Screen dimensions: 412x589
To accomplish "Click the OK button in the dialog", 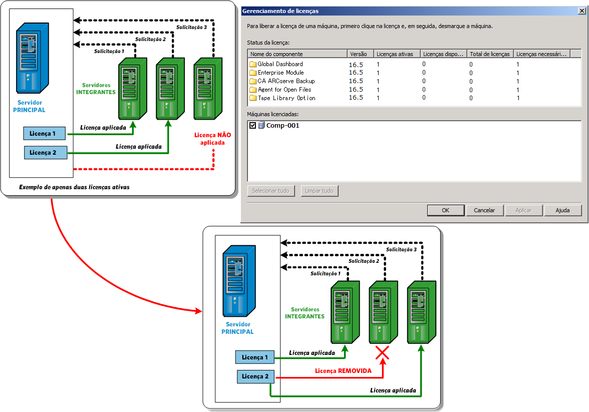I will tap(445, 210).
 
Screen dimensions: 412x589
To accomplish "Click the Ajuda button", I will tap(562, 210).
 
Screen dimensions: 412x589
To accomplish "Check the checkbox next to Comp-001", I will tap(253, 126).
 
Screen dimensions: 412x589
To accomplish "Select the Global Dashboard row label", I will tap(280, 64).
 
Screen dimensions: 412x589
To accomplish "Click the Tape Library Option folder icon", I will tap(253, 98).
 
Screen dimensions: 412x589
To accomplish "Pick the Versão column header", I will tap(359, 54).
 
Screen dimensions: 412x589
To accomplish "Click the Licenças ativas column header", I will tap(395, 54).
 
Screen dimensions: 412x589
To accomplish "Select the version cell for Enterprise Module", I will tap(356, 73).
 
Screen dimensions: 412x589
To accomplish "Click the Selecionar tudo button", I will tap(270, 191).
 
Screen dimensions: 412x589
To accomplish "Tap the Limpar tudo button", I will tap(320, 191).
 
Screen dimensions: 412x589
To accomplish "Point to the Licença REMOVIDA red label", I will tap(343, 371).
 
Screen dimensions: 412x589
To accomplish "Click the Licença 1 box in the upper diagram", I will tap(45, 134).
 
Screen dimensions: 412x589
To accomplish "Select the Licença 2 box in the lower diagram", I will tap(255, 376).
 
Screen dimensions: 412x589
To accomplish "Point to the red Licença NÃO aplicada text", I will tap(209, 139).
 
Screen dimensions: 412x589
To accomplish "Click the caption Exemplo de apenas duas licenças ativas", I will tap(74, 188).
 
